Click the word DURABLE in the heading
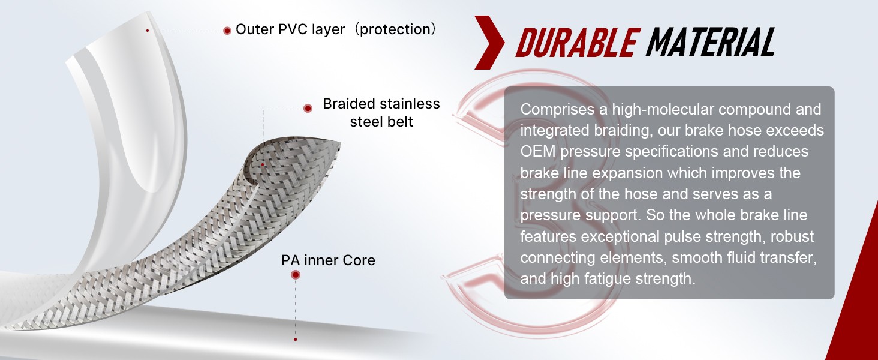[575, 43]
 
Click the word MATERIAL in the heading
[710, 43]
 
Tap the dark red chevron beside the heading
[489, 43]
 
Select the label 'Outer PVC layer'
[290, 29]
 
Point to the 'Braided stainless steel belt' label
[381, 113]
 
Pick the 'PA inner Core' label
[329, 260]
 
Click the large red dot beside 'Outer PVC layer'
[227, 31]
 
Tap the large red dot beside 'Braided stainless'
[308, 108]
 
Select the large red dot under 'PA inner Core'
[296, 275]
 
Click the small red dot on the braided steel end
[263, 165]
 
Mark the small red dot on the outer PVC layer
[148, 30]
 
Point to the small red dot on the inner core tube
[295, 339]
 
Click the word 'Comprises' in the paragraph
[557, 110]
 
